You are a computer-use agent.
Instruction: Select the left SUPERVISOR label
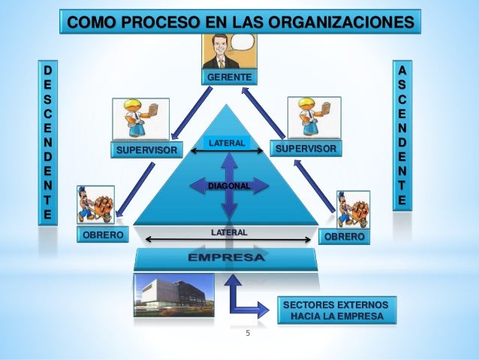point(147,151)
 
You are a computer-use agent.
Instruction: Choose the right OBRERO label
point(345,237)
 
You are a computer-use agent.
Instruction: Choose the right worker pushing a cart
point(353,209)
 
